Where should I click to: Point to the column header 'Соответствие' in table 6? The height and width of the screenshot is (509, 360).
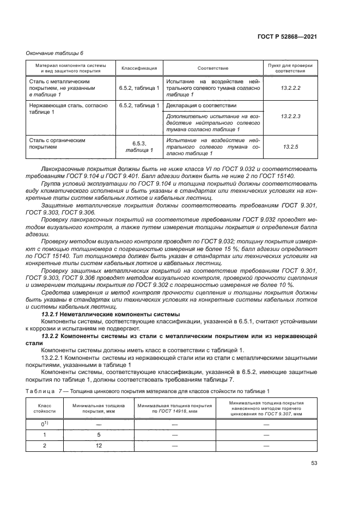pos(213,68)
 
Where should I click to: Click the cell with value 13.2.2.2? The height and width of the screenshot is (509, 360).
pos(291,87)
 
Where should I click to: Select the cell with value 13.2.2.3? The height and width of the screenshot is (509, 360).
pos(291,116)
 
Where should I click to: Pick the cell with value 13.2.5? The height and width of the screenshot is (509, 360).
pos(291,146)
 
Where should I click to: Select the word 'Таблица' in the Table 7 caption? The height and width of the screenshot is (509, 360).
pos(41,391)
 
